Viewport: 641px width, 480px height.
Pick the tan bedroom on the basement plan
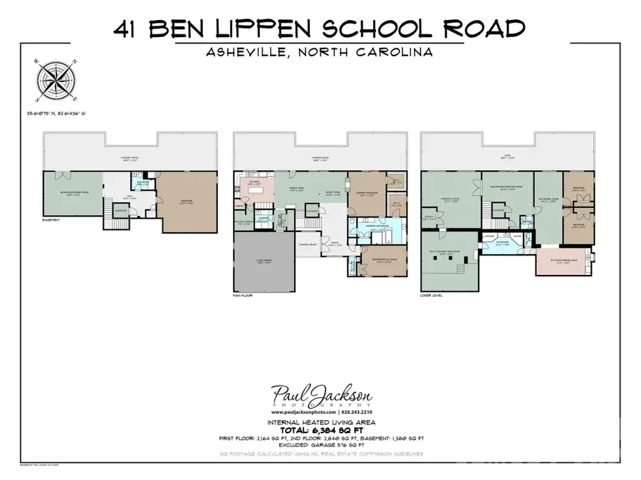pyautogui.click(x=187, y=202)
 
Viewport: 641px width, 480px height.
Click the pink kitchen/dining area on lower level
pyautogui.click(x=563, y=262)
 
